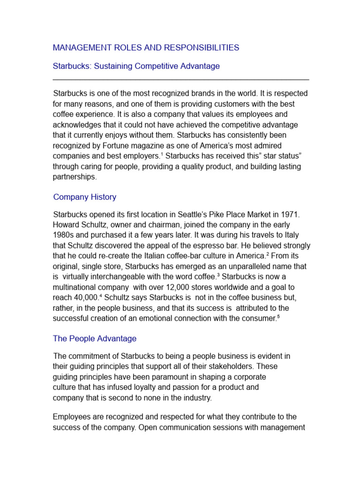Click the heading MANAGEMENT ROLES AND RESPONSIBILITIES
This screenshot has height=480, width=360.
tap(146, 48)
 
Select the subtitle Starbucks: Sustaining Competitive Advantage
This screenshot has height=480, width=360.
tap(136, 66)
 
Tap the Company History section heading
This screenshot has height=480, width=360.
tap(85, 197)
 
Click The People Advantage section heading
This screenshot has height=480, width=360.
tap(95, 338)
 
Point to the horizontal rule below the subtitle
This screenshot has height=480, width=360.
tap(181, 80)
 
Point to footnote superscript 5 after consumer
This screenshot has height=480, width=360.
tap(278, 316)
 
